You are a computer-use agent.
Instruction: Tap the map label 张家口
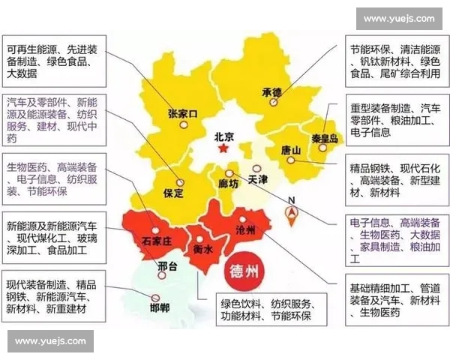pos(182,115)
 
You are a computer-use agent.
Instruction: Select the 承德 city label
pos(271,92)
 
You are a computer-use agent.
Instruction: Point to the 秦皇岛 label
pos(324,138)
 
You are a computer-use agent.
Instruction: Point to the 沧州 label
pos(245,229)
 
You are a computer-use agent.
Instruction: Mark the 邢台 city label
pos(168,266)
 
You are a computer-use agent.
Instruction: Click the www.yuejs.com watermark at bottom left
pos(51,341)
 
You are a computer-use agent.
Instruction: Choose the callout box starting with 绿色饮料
pos(262,310)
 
